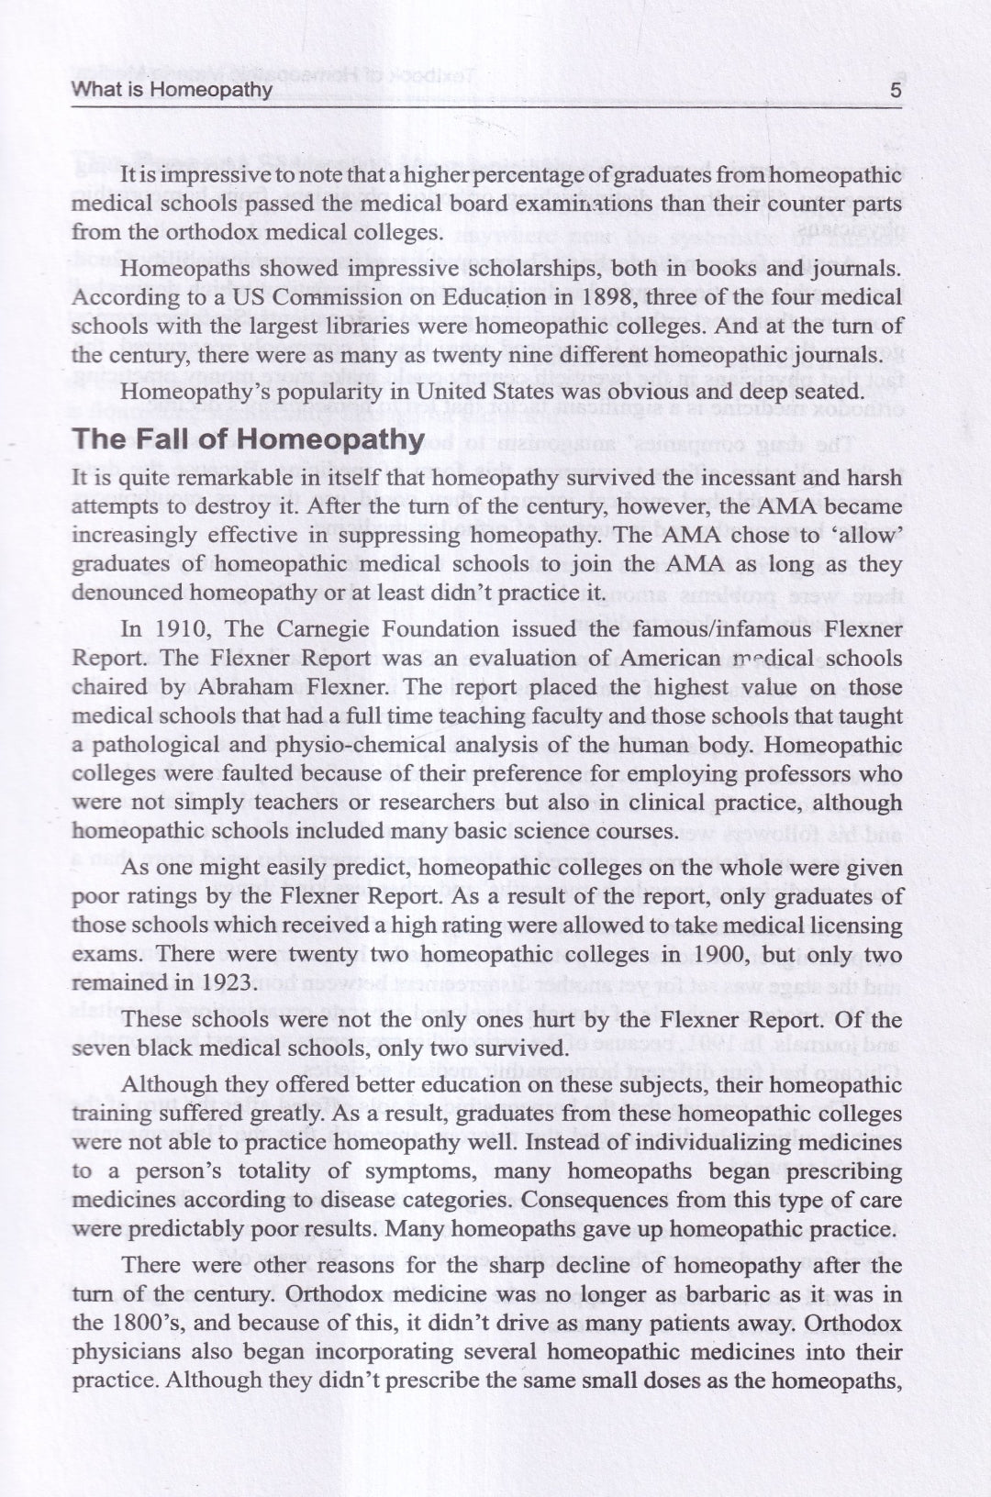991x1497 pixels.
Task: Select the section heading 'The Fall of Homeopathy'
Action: (x=248, y=438)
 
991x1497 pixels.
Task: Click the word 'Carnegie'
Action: (x=307, y=629)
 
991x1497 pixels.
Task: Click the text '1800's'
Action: (x=146, y=1324)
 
